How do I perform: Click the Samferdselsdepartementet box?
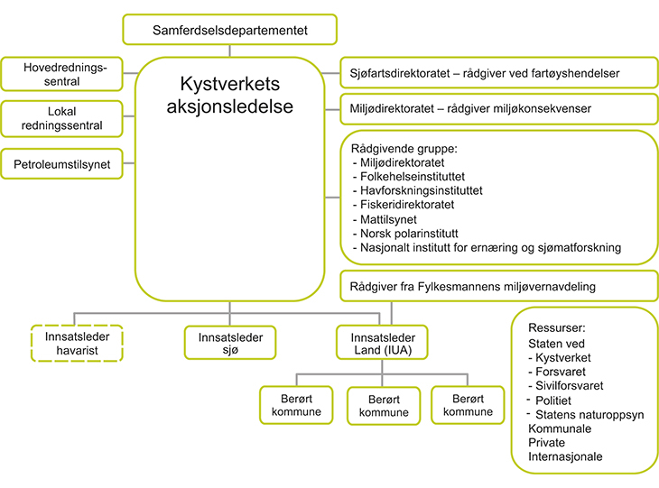tap(229, 30)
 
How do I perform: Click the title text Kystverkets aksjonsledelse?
tap(228, 95)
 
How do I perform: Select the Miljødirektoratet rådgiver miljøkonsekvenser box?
tap(497, 108)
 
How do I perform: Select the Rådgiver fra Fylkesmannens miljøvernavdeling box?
tap(497, 288)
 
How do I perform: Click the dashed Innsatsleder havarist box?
tap(75, 343)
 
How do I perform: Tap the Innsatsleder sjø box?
tap(229, 343)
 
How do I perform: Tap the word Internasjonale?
tap(565, 456)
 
